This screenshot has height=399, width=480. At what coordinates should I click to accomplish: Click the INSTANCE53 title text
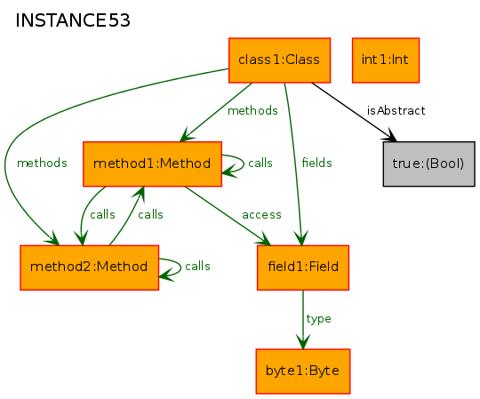73,20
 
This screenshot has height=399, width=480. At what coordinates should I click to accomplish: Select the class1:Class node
279,60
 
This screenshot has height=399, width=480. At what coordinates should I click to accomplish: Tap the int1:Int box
386,60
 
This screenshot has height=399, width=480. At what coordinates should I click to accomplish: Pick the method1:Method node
153,164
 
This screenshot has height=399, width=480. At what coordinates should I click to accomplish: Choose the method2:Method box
90,267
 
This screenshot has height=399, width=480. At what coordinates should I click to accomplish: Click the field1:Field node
303,267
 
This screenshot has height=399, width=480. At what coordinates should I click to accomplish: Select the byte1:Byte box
303,371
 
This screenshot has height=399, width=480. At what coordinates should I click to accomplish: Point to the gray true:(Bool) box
428,164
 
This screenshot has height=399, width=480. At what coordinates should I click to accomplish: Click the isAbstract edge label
396,110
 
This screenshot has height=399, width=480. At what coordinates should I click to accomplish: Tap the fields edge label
316,163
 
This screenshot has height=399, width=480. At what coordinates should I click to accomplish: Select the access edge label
261,215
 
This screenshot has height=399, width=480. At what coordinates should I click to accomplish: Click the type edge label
319,319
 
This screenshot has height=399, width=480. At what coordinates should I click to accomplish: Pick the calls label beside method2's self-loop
197,267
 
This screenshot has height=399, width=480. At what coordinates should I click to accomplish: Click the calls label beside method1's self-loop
260,163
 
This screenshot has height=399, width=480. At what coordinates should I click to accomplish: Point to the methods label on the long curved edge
42,163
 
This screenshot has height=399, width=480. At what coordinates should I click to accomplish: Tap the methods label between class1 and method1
252,110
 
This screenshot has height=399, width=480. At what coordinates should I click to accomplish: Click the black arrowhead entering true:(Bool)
390,136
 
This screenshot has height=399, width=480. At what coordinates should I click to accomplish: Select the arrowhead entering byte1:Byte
303,342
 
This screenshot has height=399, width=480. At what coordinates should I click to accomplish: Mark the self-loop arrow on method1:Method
244,164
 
